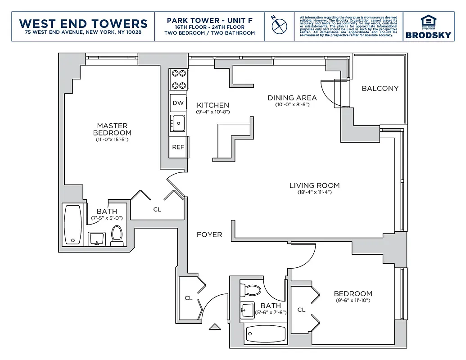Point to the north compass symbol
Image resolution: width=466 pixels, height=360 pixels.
point(279,25)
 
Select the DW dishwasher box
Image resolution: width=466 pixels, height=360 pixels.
point(178,103)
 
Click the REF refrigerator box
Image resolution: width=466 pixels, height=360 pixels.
point(177,147)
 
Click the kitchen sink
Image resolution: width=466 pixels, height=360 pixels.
point(178,122)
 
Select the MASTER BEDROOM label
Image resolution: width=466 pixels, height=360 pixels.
point(112,129)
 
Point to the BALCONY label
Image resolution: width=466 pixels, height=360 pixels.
point(380,88)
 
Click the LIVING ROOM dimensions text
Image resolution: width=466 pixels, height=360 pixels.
point(314,193)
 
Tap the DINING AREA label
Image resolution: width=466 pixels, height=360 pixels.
point(292,98)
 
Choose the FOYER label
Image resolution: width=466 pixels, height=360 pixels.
point(209,234)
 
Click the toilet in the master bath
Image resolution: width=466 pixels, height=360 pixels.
point(117,235)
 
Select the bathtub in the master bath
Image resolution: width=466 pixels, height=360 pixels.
point(72,225)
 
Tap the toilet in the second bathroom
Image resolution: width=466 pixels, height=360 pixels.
point(251,289)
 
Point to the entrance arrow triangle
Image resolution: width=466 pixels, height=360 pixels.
point(215,327)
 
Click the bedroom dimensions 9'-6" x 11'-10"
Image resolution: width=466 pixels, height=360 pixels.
point(353,301)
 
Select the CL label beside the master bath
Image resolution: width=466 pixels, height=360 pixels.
point(157,209)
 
